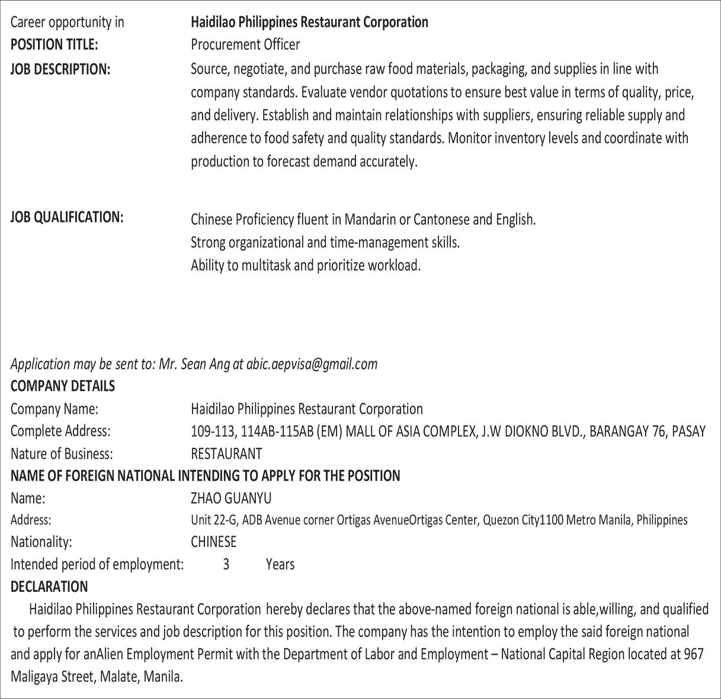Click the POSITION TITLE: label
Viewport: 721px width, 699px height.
(54, 45)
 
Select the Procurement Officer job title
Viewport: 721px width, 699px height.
(245, 45)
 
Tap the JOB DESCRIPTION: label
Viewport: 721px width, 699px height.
(60, 69)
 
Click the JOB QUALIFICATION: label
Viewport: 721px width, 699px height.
(67, 217)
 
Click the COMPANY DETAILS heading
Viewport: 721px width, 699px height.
(63, 386)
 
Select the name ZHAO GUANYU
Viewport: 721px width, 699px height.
(231, 498)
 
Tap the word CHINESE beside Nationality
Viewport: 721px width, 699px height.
(213, 542)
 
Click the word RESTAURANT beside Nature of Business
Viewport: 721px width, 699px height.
(226, 454)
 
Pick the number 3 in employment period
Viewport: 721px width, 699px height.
(226, 565)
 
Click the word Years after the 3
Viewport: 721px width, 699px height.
(280, 565)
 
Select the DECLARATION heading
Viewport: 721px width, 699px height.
(49, 587)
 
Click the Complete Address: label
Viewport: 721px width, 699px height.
(60, 431)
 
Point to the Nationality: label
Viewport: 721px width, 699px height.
(41, 542)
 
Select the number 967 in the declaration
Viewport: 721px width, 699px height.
(693, 654)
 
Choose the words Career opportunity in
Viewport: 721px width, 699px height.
(68, 22)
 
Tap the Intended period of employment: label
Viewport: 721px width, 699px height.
(97, 565)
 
